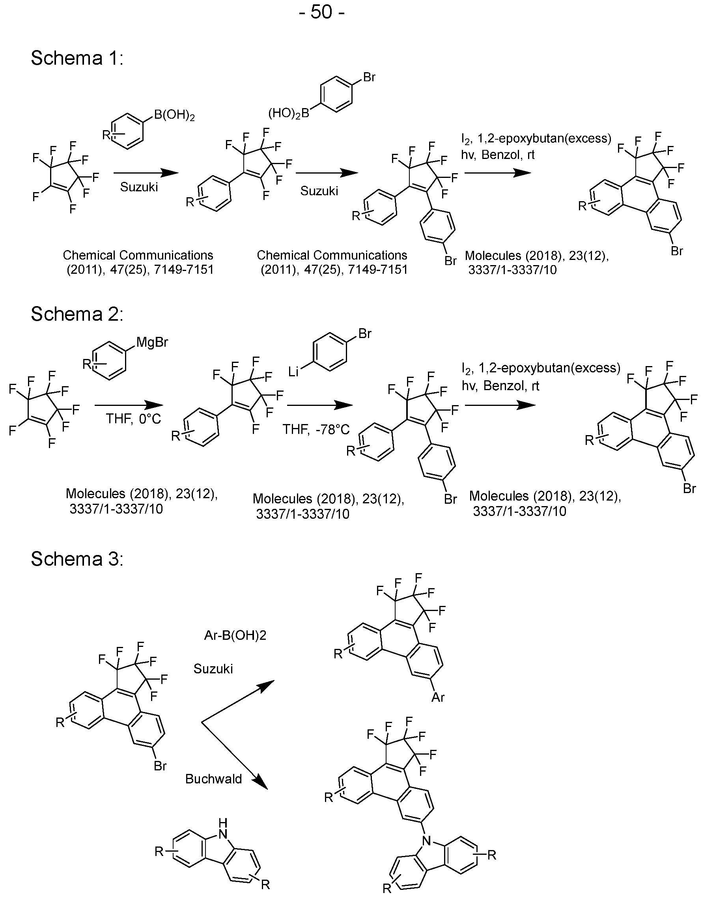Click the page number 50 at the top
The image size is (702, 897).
point(321,12)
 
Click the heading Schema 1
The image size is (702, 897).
point(77,58)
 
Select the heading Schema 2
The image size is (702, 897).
point(77,314)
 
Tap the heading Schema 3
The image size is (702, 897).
point(77,559)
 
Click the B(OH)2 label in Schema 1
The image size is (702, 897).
point(174,116)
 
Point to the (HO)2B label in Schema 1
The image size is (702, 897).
point(289,113)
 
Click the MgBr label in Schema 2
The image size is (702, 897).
point(152,342)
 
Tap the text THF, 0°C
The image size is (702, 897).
point(134,419)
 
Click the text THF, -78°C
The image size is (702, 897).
point(316,430)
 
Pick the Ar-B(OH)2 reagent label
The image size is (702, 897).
point(235,635)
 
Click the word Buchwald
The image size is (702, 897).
point(213,779)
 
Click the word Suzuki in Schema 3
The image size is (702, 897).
point(213,669)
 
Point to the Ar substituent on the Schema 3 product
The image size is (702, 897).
point(438,697)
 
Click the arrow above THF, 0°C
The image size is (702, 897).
point(129,406)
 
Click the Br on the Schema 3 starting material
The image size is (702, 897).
point(160,766)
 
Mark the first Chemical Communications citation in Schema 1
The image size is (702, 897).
point(139,262)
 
